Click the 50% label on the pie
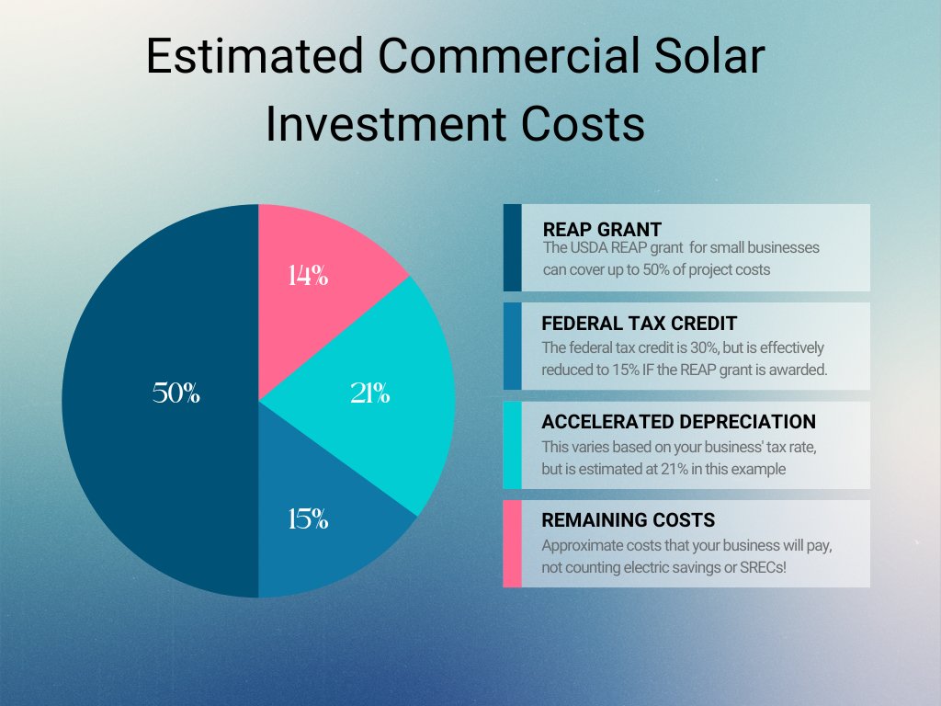(x=176, y=393)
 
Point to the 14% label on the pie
(x=307, y=275)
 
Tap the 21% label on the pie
(x=370, y=393)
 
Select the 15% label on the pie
(x=308, y=518)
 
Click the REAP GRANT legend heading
(x=602, y=229)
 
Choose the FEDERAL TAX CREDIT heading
(x=640, y=324)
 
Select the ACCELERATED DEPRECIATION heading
(x=678, y=422)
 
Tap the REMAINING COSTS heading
(x=629, y=520)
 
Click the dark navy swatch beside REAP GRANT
(x=512, y=247)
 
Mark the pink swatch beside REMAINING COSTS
(x=512, y=543)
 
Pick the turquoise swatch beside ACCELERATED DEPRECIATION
(x=512, y=445)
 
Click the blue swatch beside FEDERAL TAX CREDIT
(x=512, y=346)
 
